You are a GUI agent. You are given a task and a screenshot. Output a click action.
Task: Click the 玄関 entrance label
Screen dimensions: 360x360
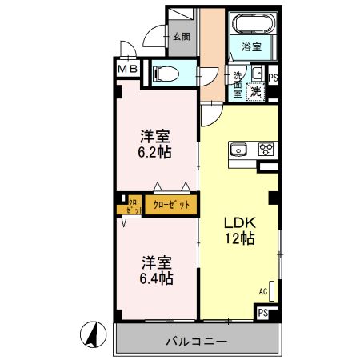click(x=181, y=36)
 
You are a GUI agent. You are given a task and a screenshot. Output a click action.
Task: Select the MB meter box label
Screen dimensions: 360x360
click(x=130, y=70)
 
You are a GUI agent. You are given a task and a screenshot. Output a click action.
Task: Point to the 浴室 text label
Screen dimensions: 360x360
click(x=251, y=47)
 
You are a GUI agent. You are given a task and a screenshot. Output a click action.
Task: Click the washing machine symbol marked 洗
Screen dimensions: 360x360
click(x=257, y=90)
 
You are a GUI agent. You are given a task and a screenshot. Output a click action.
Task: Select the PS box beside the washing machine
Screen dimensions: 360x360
click(x=274, y=78)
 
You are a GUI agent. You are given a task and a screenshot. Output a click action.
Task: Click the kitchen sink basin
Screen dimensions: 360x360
click(x=239, y=148)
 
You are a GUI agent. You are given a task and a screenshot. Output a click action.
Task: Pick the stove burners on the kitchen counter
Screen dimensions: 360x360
click(x=265, y=148)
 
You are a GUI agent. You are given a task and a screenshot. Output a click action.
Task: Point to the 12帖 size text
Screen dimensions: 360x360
click(x=238, y=238)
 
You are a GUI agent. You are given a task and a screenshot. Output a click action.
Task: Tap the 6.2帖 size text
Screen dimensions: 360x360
click(x=157, y=152)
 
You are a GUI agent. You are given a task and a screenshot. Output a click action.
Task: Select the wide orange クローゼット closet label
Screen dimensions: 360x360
click(x=171, y=206)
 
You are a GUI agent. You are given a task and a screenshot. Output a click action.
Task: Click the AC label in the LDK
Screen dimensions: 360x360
click(x=262, y=291)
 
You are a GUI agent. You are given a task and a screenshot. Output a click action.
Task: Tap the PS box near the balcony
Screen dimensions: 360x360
click(x=263, y=314)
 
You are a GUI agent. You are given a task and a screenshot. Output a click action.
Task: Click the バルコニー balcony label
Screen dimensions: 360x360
click(x=196, y=341)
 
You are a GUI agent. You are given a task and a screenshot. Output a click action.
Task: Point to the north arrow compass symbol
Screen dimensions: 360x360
click(x=94, y=334)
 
